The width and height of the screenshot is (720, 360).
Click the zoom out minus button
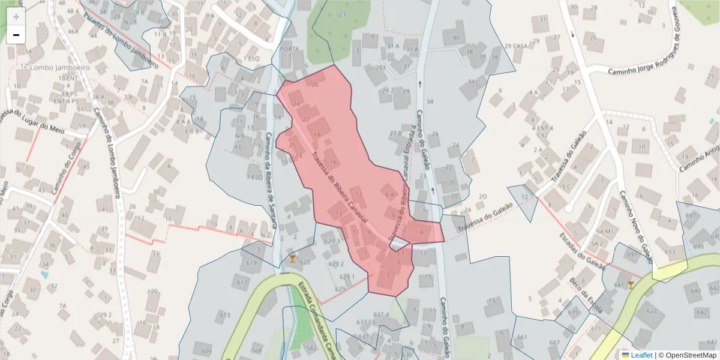point(16,35)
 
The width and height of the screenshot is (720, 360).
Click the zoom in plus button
point(16,17)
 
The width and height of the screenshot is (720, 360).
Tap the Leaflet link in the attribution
point(641,355)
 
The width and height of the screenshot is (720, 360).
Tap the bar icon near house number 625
point(293,259)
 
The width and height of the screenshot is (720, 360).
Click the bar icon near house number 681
point(631,285)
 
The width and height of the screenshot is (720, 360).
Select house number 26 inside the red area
point(314,84)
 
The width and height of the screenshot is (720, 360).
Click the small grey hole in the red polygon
point(399,244)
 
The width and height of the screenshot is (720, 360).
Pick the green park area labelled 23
point(327,30)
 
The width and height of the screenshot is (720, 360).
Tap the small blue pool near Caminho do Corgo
point(45,275)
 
